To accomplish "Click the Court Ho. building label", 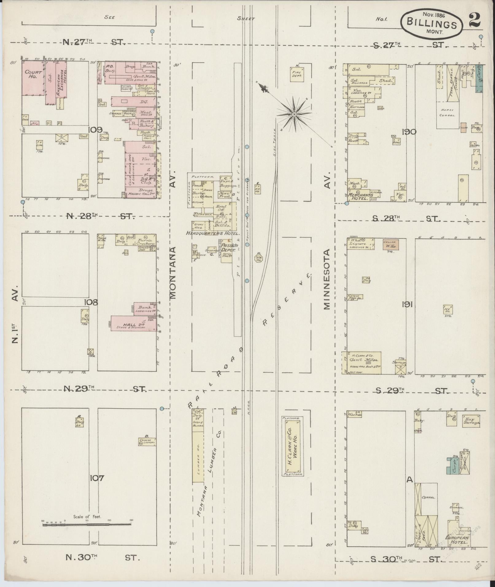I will (31, 75).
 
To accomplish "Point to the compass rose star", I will (294, 114).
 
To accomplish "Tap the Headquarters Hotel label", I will (212, 233).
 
